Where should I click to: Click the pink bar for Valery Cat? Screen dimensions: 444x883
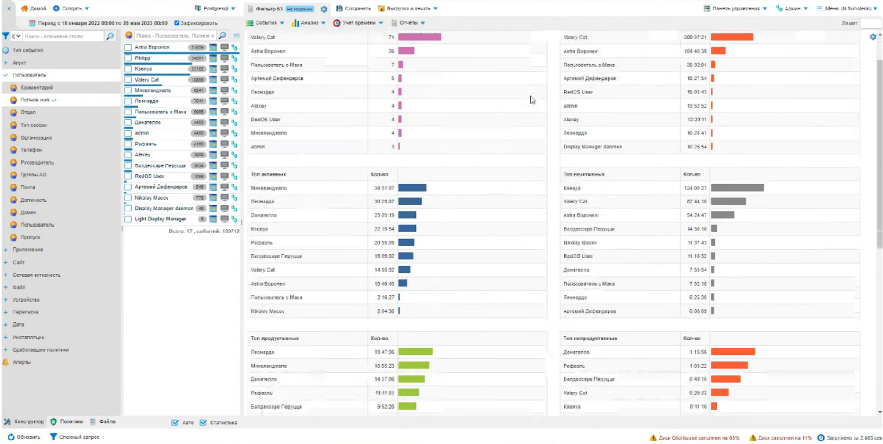point(419,37)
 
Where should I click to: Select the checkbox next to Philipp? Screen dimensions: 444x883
point(128,58)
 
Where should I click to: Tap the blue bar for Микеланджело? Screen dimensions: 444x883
point(412,188)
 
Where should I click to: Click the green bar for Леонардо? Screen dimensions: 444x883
point(415,352)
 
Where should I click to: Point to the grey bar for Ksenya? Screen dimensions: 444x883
point(737,188)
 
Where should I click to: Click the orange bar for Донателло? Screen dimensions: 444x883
point(733,352)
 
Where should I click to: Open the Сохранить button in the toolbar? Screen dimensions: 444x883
point(353,9)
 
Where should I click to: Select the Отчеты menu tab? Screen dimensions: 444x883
point(408,23)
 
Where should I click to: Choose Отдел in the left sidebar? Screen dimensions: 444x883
point(28,112)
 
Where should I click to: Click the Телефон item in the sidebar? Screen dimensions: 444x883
point(31,150)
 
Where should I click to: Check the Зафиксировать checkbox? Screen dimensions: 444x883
point(177,23)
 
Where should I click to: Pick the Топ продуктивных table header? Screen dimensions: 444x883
point(275,339)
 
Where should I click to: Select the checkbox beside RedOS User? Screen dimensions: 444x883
point(128,176)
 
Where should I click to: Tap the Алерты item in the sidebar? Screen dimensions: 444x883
point(21,362)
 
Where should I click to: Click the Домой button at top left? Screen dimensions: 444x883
point(33,9)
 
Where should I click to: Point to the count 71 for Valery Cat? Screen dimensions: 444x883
point(391,37)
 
